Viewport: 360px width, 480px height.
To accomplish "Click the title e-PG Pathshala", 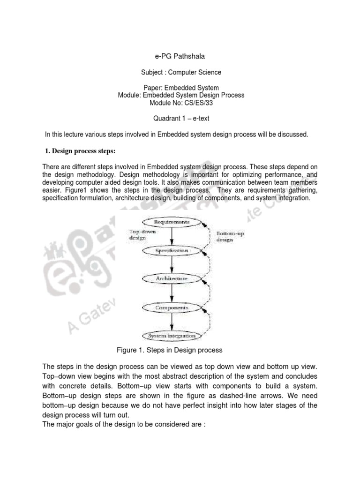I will (180, 57).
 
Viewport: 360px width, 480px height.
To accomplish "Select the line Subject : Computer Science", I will (181, 72).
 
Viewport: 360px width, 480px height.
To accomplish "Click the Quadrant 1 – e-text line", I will (180, 119).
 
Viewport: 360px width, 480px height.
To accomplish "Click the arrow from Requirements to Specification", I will (172, 236).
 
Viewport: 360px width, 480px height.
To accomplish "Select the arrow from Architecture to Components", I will (172, 293).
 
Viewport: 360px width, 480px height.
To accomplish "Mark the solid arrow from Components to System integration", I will (172, 322).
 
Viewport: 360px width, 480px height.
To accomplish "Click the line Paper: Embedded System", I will (181, 88).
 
